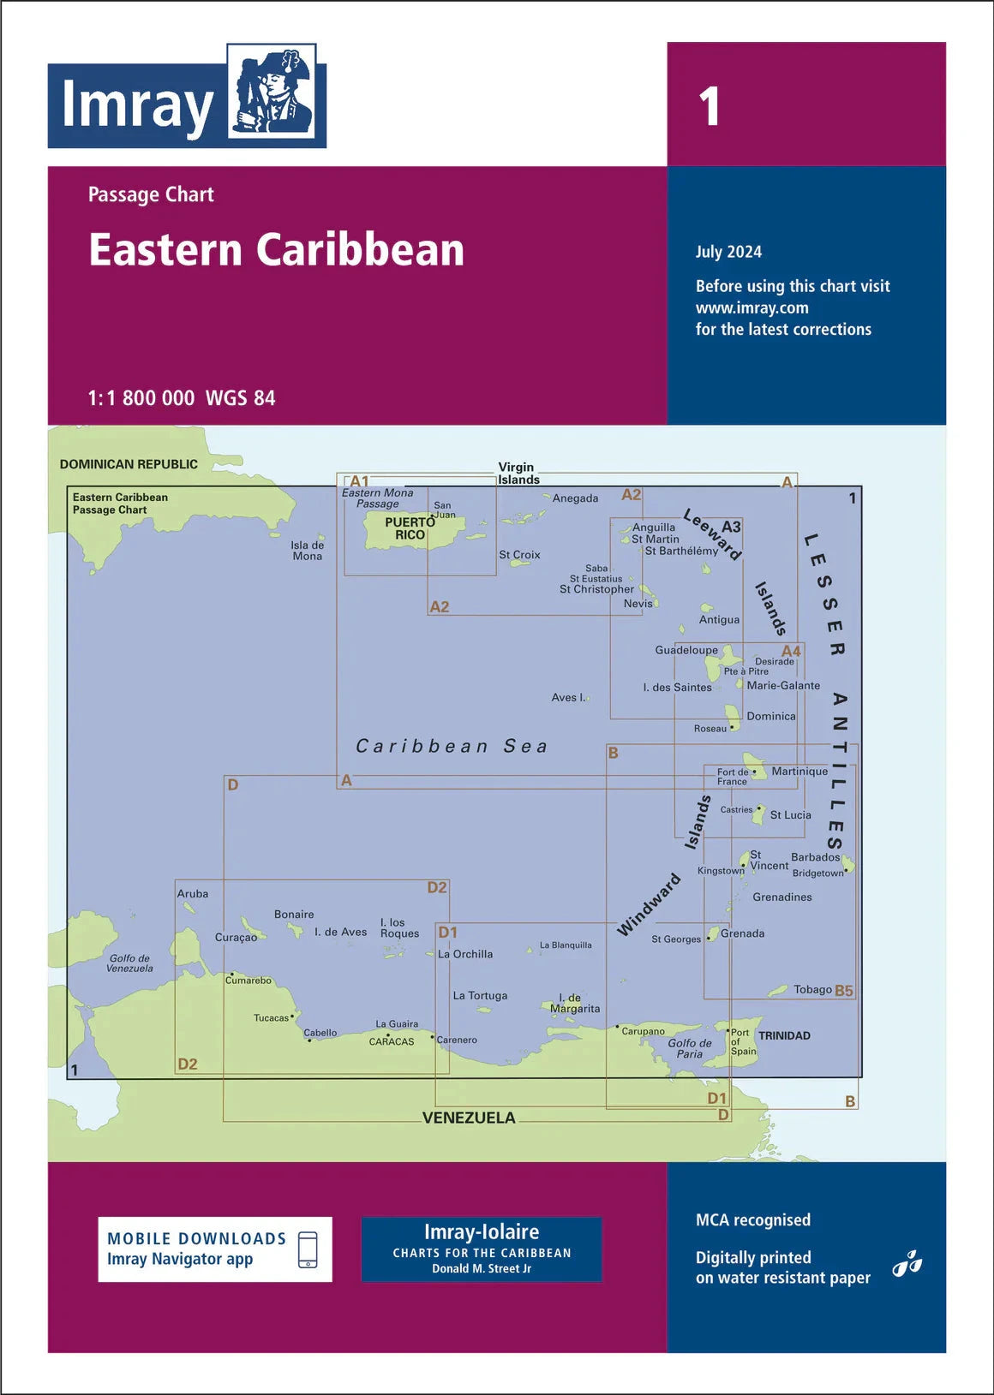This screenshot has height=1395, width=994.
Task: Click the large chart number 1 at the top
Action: (709, 107)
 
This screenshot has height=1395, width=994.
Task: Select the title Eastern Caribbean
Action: (276, 250)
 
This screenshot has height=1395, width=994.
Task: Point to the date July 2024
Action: (728, 252)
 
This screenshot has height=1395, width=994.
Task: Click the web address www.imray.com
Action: (751, 307)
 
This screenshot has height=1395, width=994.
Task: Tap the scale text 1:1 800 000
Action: (141, 398)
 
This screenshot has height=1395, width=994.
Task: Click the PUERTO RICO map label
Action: (410, 528)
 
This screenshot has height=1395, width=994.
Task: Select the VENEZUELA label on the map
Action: (469, 1118)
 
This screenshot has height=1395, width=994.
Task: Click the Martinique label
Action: (799, 771)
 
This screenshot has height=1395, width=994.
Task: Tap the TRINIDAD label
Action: (784, 1035)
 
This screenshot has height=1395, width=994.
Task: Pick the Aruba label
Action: (193, 893)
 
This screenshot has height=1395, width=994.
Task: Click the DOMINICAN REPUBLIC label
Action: (129, 464)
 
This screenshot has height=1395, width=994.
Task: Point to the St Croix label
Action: (519, 555)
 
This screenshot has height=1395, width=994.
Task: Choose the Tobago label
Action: (812, 989)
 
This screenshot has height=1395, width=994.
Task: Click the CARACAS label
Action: (392, 1041)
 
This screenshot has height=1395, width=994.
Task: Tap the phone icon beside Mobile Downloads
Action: (308, 1249)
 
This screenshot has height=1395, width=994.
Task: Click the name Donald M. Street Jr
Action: (482, 1268)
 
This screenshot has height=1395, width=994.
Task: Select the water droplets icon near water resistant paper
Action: (907, 1264)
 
